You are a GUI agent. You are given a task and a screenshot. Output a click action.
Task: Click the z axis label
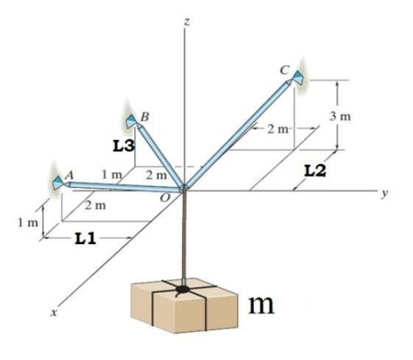pos(187,22)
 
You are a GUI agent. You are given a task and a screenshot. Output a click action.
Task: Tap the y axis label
pos(385,193)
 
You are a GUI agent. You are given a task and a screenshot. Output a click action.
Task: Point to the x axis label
pos(54,313)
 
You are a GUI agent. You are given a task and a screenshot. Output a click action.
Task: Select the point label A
pos(69,175)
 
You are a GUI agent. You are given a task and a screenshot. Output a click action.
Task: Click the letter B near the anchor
pos(145,117)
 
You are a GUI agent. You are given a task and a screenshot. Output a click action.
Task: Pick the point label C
pos(285,70)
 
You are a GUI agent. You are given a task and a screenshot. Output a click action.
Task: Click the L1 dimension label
pos(86,239)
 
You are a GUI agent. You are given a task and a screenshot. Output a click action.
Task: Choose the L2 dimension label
pos(315,170)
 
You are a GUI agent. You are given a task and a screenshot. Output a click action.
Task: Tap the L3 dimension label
pos(124,146)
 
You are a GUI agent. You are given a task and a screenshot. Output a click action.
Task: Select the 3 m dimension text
pos(340,117)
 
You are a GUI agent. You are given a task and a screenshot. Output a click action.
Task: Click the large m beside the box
pos(261,305)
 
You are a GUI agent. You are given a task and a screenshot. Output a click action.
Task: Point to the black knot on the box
pos(183,289)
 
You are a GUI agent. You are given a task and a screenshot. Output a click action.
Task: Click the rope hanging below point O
pos(184,235)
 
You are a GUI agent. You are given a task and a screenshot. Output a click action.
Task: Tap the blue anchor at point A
pos(58,182)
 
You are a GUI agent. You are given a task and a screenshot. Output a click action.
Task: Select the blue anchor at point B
pos(131,122)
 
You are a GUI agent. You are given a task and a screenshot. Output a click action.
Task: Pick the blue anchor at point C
pos(298,77)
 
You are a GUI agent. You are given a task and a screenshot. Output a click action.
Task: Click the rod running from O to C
pos(237,134)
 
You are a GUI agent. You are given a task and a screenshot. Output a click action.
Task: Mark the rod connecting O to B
pos(161,156)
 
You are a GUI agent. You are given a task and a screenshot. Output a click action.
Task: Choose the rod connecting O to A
pos(124,187)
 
